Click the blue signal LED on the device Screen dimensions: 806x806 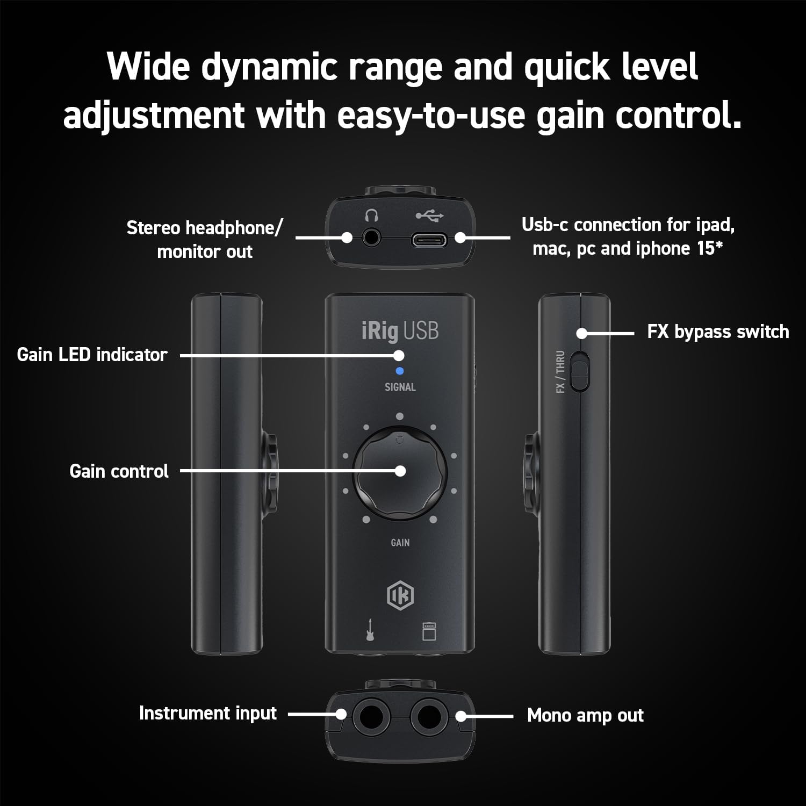click(x=399, y=371)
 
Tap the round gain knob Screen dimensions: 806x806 click(x=400, y=473)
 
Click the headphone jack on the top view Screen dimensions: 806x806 click(x=371, y=237)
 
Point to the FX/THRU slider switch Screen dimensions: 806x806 click(x=578, y=371)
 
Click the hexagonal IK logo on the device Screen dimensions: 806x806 click(x=400, y=595)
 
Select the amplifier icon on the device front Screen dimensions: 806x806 click(x=429, y=631)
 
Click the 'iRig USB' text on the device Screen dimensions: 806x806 click(x=400, y=331)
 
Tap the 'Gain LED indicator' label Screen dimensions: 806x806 click(x=92, y=355)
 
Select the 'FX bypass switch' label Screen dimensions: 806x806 click(x=718, y=332)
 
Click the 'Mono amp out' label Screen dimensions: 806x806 click(x=585, y=716)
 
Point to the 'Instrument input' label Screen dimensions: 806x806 click(x=207, y=713)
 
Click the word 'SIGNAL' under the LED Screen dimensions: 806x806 click(x=400, y=387)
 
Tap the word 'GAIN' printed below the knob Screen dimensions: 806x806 click(x=400, y=543)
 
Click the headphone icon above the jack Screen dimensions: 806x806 click(x=371, y=216)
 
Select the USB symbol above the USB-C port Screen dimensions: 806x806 click(x=429, y=216)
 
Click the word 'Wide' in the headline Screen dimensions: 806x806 click(x=148, y=67)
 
